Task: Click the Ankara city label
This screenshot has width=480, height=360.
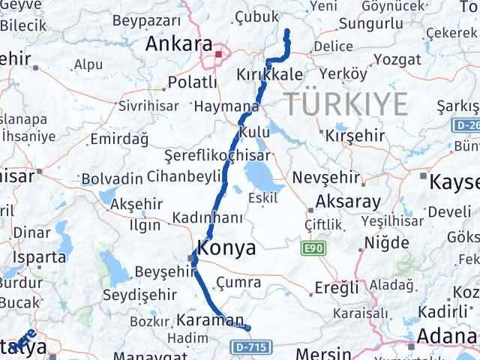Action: (x=178, y=44)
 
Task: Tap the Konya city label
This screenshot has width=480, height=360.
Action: (x=226, y=248)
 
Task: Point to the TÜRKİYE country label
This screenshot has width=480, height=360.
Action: (x=346, y=102)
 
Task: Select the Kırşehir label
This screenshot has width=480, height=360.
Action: (x=355, y=136)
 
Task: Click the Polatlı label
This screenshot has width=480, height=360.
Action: (x=193, y=80)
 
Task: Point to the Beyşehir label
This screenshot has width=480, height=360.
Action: (x=160, y=271)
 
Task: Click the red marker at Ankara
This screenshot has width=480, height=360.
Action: (x=218, y=54)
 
